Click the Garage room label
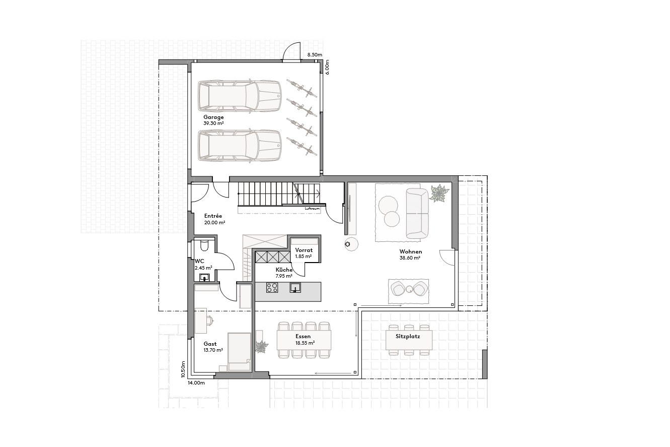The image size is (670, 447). click(x=213, y=117)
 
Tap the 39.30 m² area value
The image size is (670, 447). click(x=213, y=123)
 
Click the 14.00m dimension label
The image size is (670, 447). click(x=196, y=383)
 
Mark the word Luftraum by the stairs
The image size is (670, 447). click(x=312, y=208)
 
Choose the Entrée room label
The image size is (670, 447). click(x=213, y=216)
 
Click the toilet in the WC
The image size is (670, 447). click(x=204, y=245)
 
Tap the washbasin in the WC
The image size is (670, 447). click(x=204, y=278)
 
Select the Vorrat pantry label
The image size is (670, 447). click(x=304, y=250)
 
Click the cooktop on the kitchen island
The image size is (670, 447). click(x=272, y=288)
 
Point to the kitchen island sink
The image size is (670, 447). click(x=295, y=288)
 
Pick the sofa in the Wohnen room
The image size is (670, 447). click(x=417, y=213)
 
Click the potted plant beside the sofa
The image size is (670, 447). click(x=439, y=194)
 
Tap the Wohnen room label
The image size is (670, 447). click(x=410, y=251)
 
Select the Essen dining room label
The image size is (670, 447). click(x=303, y=336)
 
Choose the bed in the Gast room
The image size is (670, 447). click(x=239, y=351)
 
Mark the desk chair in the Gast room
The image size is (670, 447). click(x=208, y=320)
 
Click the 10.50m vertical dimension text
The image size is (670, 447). click(x=184, y=369)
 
